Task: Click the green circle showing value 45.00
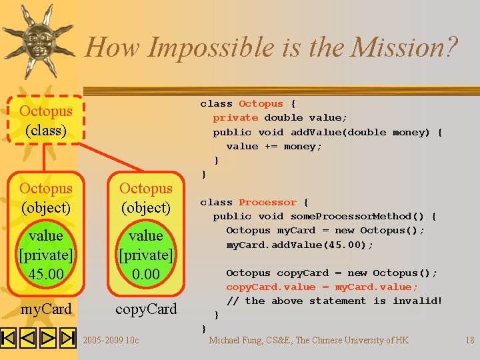pos(46,255)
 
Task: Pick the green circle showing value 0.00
pos(146,255)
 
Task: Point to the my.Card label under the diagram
pos(46,309)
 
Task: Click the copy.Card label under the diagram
pos(146,309)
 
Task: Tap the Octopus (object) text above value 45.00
pos(46,198)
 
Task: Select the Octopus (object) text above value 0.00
pos(146,198)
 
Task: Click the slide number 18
pos(469,340)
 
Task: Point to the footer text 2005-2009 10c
pos(111,341)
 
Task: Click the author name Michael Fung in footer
pos(241,340)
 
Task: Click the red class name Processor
pos(267,202)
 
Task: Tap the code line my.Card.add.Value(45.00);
pos(299,245)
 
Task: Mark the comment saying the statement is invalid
pos(334,301)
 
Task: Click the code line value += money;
pos(273,146)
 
